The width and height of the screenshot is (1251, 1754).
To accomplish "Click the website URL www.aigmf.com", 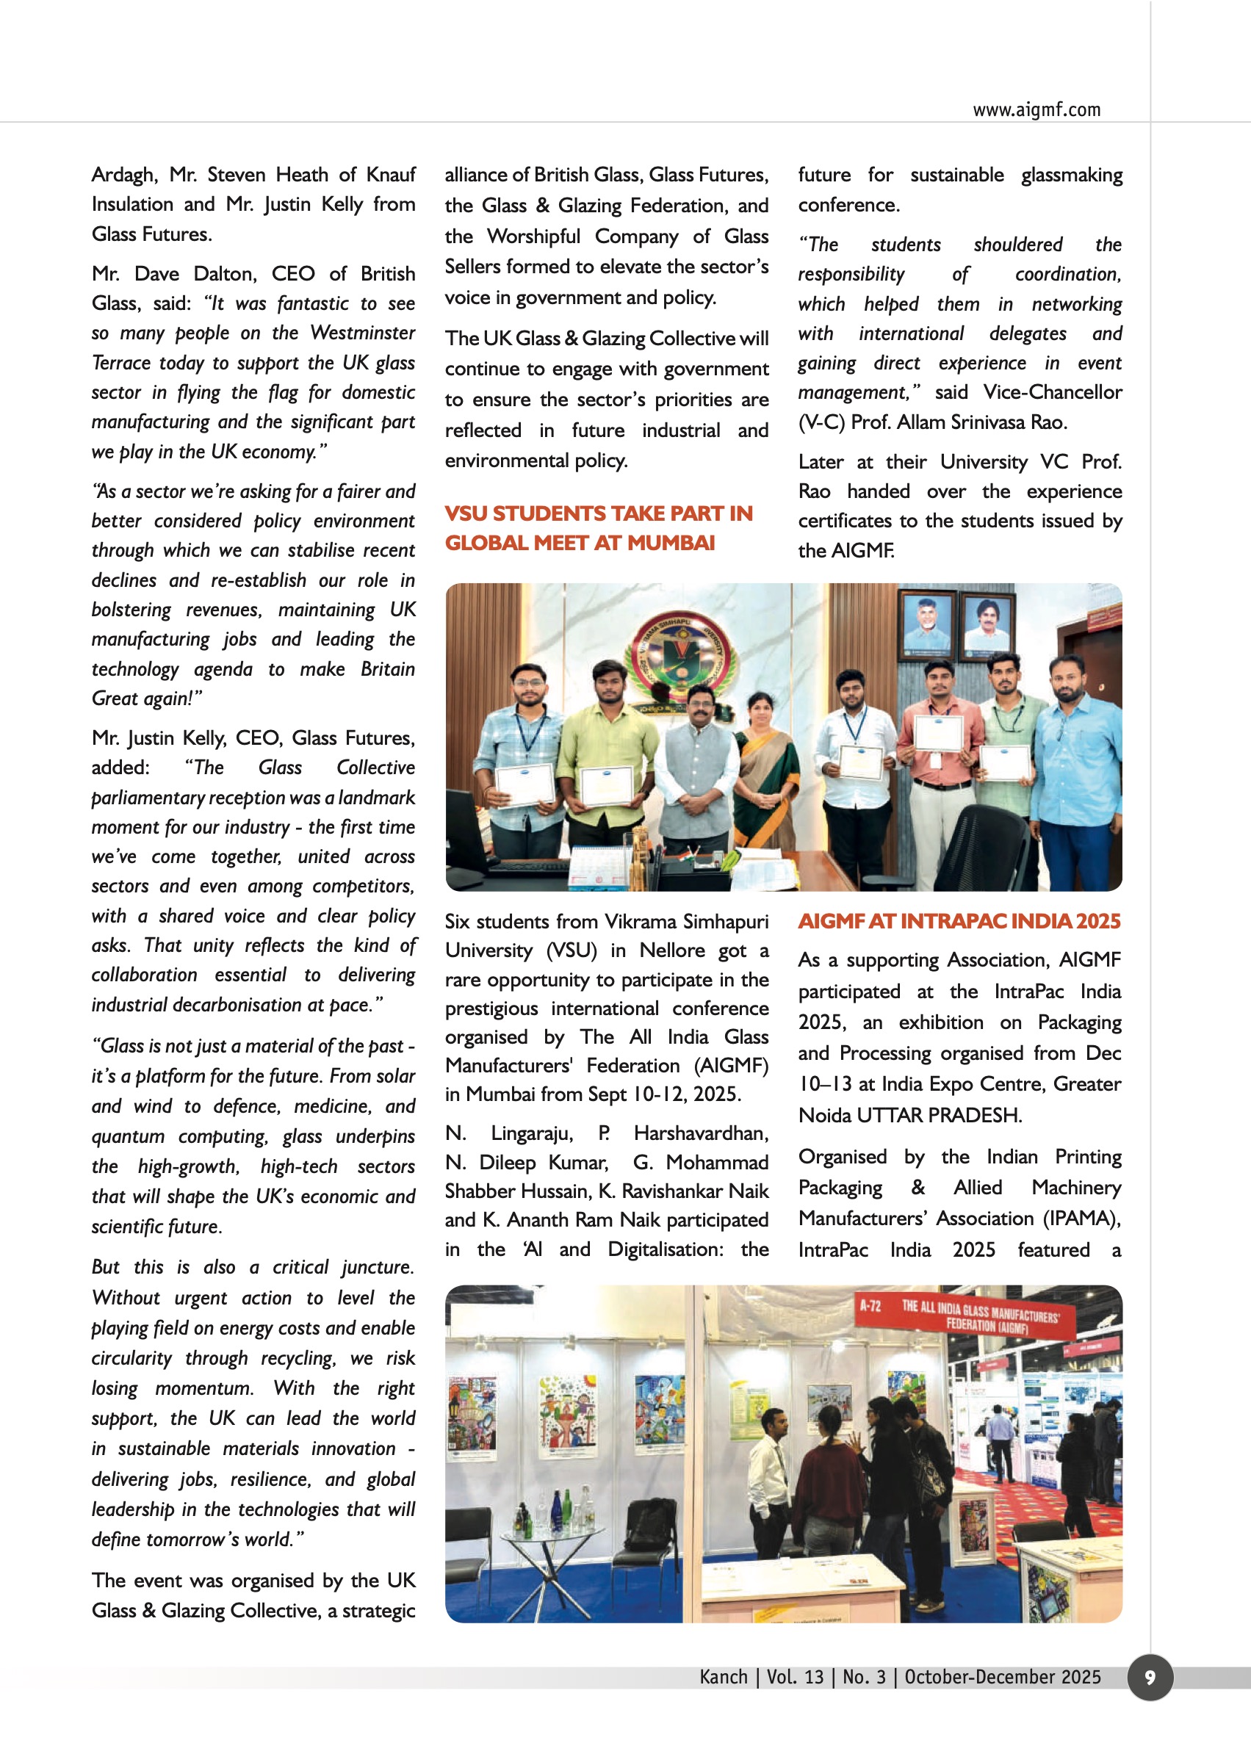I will point(1036,110).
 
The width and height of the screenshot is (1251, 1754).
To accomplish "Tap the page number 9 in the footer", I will point(1150,1677).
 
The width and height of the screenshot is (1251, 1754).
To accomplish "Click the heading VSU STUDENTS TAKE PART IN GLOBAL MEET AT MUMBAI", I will point(599,527).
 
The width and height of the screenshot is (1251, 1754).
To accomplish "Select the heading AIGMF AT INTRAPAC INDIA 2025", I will point(959,921).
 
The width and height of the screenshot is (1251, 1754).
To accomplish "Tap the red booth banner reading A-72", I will point(870,1306).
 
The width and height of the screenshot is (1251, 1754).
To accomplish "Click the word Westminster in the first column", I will point(363,333).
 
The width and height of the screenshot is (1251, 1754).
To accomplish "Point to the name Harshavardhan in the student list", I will point(700,1133).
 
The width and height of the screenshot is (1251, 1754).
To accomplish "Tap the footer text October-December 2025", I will point(1002,1677).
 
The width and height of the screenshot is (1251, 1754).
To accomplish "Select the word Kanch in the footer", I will point(724,1677).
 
